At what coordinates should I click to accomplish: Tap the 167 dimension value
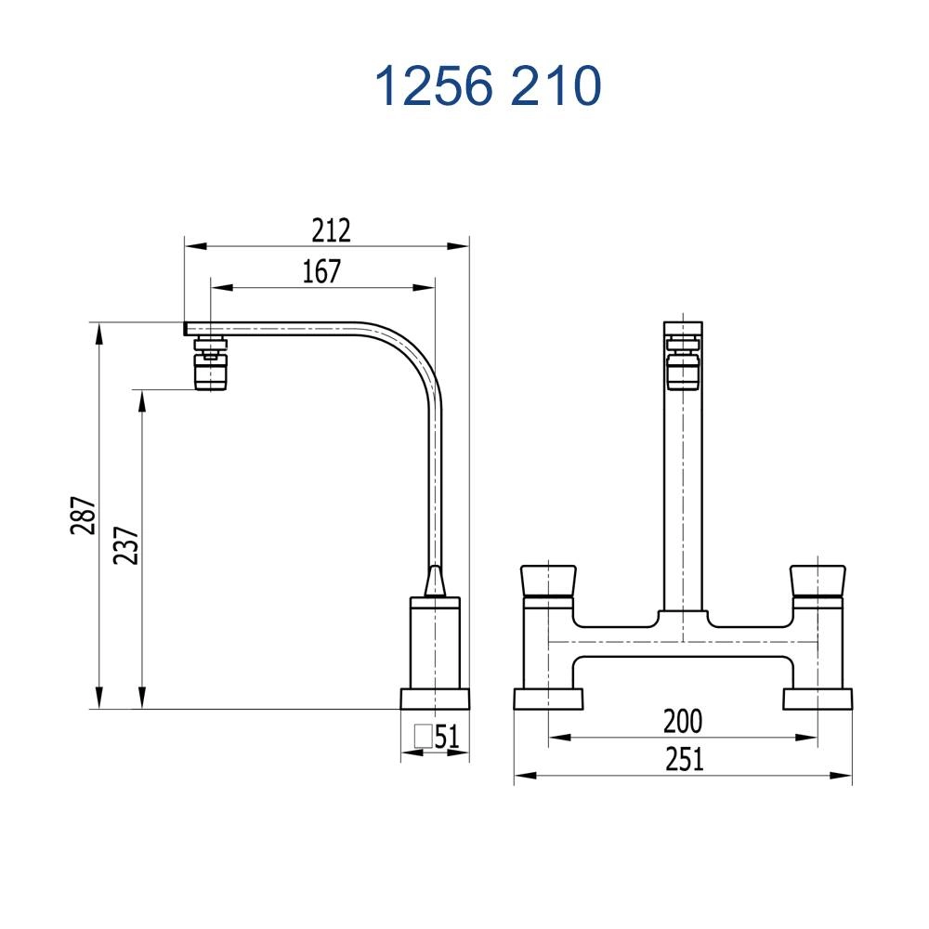pyautogui.click(x=322, y=271)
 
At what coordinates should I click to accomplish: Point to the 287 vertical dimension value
pyautogui.click(x=84, y=516)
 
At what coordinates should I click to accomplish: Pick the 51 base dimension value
pyautogui.click(x=447, y=737)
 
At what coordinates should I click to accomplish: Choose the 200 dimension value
pyautogui.click(x=683, y=721)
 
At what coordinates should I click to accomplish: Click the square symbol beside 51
pyautogui.click(x=425, y=737)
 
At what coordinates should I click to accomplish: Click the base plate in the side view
pyautogui.click(x=435, y=699)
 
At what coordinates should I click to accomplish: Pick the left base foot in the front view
pyautogui.click(x=548, y=699)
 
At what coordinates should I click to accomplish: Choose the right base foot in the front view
pyautogui.click(x=818, y=699)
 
